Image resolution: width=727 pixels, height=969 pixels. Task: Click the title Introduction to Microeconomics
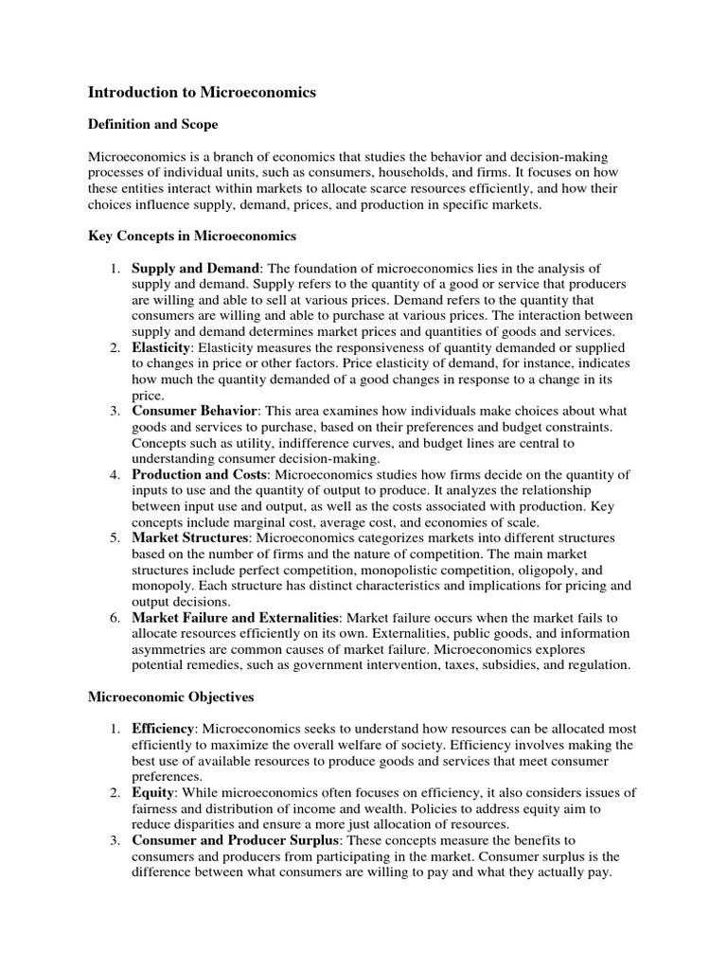(x=202, y=93)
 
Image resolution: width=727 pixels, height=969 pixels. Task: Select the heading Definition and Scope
(x=152, y=124)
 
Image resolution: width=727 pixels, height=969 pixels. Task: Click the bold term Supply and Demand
(x=194, y=269)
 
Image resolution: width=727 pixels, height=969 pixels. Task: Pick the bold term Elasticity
(x=161, y=348)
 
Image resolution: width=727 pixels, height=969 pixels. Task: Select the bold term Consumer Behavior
(x=194, y=412)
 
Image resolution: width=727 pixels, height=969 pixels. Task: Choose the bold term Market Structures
(x=189, y=538)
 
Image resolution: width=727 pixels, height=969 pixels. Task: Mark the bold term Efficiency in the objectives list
(x=163, y=730)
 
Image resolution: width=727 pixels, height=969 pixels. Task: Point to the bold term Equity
(x=151, y=793)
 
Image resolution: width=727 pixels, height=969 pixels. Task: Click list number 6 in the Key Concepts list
(x=113, y=618)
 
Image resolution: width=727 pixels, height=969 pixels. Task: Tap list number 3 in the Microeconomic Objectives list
(x=113, y=840)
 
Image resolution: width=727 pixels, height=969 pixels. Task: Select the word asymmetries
(x=170, y=650)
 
